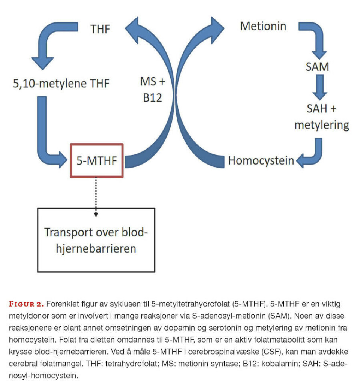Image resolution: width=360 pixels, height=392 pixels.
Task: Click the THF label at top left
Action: click(x=100, y=29)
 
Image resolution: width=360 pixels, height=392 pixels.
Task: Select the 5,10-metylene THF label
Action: click(x=61, y=84)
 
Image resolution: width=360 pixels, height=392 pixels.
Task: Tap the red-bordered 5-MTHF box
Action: click(x=97, y=160)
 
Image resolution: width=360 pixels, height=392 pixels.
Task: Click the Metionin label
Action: click(x=263, y=26)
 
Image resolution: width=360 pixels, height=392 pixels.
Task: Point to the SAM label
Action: click(x=317, y=67)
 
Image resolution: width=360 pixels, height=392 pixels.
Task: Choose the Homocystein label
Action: click(x=261, y=161)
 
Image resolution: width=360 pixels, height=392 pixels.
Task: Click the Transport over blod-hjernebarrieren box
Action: click(x=96, y=239)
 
